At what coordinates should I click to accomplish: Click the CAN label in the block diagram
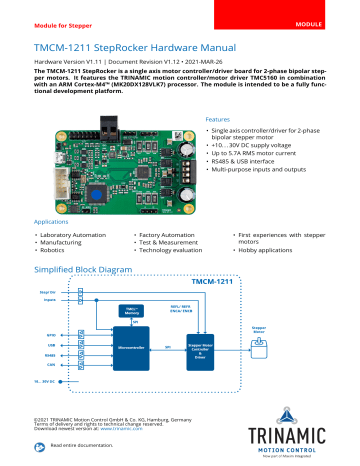[x=49, y=366]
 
